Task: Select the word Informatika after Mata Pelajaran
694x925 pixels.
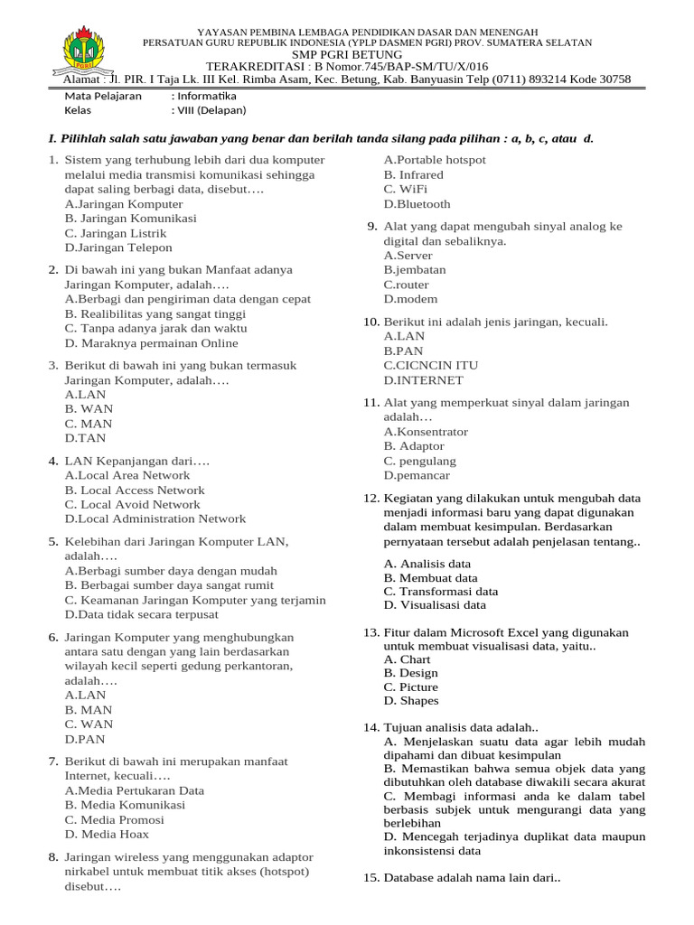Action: coord(206,96)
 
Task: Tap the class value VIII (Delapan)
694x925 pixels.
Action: coord(211,111)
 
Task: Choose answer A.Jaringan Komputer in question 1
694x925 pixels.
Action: coord(124,204)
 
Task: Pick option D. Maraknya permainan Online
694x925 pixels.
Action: coord(152,343)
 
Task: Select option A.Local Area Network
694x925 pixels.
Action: coord(127,475)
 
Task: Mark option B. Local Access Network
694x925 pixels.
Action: coord(135,490)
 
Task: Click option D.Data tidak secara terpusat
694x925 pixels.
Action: coord(142,614)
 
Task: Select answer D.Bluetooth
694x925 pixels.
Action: coord(417,204)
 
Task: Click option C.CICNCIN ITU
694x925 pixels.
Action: coord(431,365)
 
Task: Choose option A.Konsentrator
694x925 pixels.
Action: coord(426,432)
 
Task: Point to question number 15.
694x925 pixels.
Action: coord(370,877)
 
